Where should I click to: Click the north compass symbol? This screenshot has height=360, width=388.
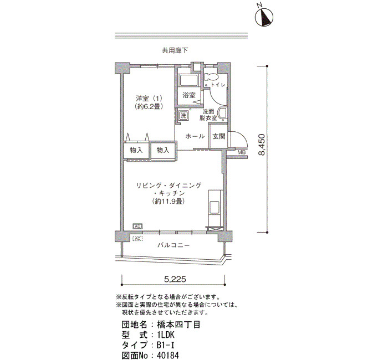coord(264,17)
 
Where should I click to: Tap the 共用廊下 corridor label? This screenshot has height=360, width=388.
coord(175,51)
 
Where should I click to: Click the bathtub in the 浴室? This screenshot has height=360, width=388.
coord(189,81)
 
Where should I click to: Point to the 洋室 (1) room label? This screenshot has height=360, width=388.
coord(149,99)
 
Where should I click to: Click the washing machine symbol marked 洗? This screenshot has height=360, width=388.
coord(183,115)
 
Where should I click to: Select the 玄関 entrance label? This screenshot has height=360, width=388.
coord(219,136)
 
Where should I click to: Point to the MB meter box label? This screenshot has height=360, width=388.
coord(241,152)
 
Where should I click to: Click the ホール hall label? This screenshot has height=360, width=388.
coord(195,136)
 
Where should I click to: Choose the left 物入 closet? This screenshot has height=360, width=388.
coord(136,150)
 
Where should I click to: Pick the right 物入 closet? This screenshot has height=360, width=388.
coord(163,150)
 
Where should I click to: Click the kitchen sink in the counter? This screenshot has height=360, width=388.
coord(214,207)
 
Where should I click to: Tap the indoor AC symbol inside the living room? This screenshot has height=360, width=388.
coord(137,226)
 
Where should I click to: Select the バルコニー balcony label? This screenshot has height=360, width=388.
coord(173,245)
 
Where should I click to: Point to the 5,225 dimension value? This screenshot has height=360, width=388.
coord(175,279)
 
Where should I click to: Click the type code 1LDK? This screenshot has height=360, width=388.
coord(166,335)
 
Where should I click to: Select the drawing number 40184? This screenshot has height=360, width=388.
coord(168,356)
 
